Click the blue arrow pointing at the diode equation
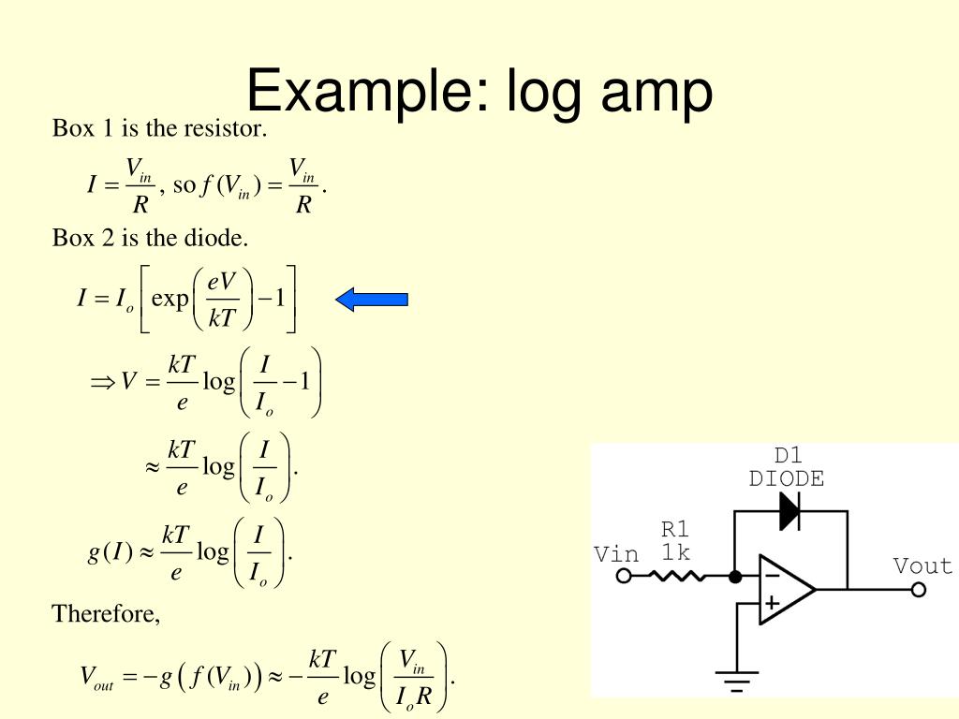pyautogui.click(x=372, y=300)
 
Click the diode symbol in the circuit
pyautogui.click(x=789, y=511)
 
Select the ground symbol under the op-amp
pyautogui.click(x=737, y=679)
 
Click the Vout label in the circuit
pyautogui.click(x=922, y=566)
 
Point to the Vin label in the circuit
pyautogui.click(x=616, y=554)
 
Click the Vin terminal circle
pyautogui.click(x=623, y=576)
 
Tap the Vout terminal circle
pyautogui.click(x=919, y=589)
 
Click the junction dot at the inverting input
pyautogui.click(x=736, y=576)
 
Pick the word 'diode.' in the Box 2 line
pyautogui.click(x=220, y=239)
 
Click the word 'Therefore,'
pyautogui.click(x=106, y=614)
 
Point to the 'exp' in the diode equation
pyautogui.click(x=170, y=300)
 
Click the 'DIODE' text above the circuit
pyautogui.click(x=787, y=479)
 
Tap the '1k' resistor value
pyautogui.click(x=675, y=552)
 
